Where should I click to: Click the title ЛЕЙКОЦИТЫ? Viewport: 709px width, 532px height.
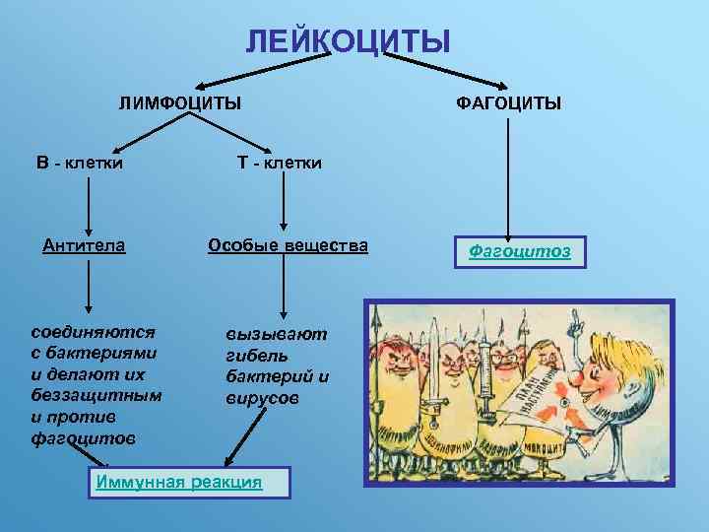click(x=348, y=41)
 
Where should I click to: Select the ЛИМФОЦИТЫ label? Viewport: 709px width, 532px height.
click(x=180, y=102)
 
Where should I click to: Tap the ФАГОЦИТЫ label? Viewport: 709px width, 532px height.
click(x=508, y=102)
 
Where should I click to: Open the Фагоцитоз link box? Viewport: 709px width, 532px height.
click(x=520, y=251)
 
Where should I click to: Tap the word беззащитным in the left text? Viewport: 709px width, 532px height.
click(x=97, y=394)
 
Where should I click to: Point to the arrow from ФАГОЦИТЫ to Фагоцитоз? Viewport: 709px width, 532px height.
click(x=508, y=177)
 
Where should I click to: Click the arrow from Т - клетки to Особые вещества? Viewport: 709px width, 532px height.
click(x=284, y=202)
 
